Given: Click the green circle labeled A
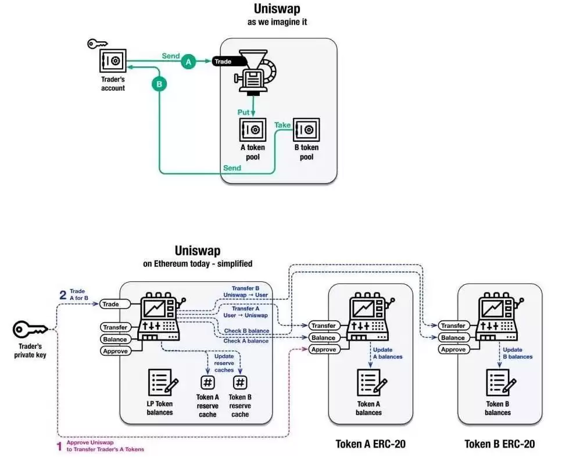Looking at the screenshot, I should click(187, 61).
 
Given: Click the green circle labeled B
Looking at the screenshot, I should click(159, 84).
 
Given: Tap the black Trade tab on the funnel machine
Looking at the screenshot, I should click(224, 61).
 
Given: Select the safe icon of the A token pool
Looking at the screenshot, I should click(252, 129).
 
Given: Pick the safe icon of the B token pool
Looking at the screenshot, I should click(305, 129).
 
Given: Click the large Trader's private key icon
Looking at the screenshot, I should click(30, 330).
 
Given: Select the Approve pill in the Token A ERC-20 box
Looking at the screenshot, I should click(323, 349).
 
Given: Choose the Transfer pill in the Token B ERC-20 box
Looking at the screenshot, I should click(452, 326).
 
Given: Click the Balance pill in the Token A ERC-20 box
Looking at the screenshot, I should click(323, 337).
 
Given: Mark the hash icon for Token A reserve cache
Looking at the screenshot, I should click(207, 382).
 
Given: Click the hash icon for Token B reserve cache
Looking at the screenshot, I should click(239, 382).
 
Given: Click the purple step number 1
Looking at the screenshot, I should click(58, 446).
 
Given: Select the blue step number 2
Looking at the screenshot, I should click(62, 294).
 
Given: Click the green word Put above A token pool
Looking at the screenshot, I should click(244, 111).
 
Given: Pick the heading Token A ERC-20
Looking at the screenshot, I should click(370, 444).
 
